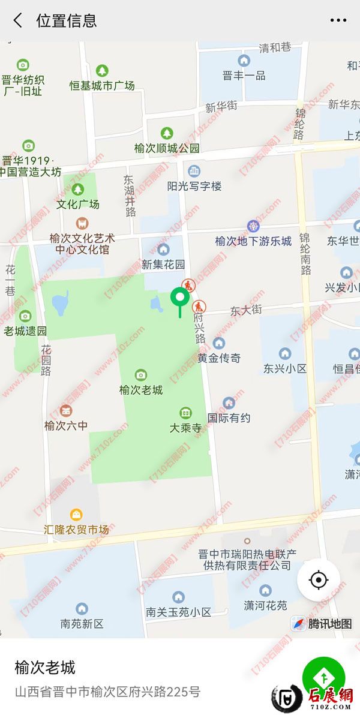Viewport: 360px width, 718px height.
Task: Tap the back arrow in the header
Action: pyautogui.click(x=18, y=20)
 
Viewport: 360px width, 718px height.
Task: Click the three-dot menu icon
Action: pyautogui.click(x=338, y=20)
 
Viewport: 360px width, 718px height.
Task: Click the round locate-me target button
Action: pyautogui.click(x=318, y=580)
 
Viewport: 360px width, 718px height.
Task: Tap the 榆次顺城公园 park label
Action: pyautogui.click(x=167, y=148)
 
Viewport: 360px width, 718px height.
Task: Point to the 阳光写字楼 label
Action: pyautogui.click(x=194, y=186)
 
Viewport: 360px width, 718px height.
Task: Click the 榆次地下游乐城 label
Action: pyautogui.click(x=253, y=241)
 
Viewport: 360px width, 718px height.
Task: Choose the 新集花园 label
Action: pyautogui.click(x=163, y=264)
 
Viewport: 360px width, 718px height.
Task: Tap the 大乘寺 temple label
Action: pyautogui.click(x=185, y=428)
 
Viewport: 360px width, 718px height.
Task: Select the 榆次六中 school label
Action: pyautogui.click(x=66, y=425)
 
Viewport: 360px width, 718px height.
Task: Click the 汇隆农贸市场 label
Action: pyautogui.click(x=77, y=529)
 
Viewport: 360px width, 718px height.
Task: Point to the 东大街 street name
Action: pyautogui.click(x=246, y=310)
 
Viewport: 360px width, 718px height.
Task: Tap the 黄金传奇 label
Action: pyautogui.click(x=219, y=358)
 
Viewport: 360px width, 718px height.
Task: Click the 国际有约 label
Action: pyautogui.click(x=229, y=417)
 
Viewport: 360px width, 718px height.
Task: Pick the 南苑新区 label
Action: pyautogui.click(x=82, y=623)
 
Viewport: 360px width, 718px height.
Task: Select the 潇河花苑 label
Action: pyautogui.click(x=265, y=605)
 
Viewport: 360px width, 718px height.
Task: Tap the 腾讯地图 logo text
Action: pyautogui.click(x=330, y=624)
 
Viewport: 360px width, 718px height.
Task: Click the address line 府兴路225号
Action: pyautogui.click(x=107, y=692)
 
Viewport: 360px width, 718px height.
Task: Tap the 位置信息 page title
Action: pyautogui.click(x=66, y=20)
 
